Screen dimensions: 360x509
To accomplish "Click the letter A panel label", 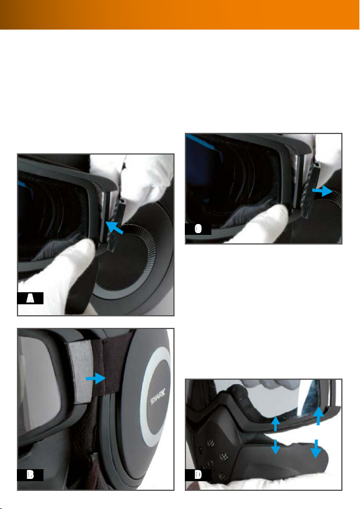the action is point(30,298).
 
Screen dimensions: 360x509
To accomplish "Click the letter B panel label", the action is point(30,475).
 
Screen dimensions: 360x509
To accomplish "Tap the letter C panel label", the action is point(198,229).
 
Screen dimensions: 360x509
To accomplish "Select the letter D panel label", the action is point(198,475).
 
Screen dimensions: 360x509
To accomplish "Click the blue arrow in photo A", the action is point(114,227).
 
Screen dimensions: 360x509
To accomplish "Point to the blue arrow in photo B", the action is point(96,378).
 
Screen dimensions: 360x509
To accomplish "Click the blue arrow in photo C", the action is point(323,191).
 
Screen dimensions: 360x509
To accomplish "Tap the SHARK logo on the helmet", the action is point(158,396).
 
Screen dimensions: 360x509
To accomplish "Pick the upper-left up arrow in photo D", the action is point(275,424).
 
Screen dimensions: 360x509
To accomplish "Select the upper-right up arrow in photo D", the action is point(318,415).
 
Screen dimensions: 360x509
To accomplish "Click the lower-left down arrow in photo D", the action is point(275,447).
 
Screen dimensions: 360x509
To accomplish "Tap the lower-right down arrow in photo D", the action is point(316,449).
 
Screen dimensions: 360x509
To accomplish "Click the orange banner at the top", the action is point(180,14).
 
